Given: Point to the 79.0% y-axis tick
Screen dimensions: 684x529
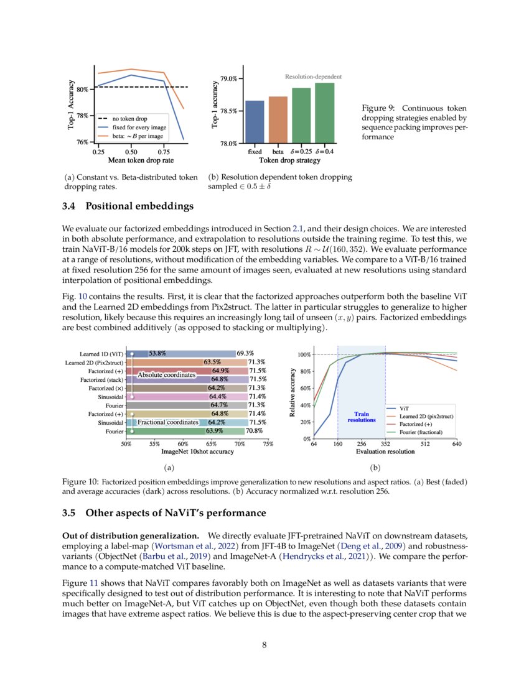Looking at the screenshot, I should click(x=228, y=79).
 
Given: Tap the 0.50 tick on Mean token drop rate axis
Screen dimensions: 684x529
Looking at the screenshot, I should click(x=131, y=151).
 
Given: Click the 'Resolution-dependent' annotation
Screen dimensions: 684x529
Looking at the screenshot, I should click(x=313, y=76).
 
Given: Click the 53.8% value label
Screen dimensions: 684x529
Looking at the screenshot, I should click(x=157, y=353).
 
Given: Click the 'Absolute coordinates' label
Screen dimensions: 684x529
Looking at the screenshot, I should click(x=166, y=376).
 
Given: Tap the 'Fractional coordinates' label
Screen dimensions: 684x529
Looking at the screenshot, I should click(x=168, y=422).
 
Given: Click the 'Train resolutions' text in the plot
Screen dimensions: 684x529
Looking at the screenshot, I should click(x=362, y=417).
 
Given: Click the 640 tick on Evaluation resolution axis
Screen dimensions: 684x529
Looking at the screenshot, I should click(x=457, y=444).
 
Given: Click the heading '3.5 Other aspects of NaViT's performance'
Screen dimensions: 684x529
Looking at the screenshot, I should click(x=164, y=513).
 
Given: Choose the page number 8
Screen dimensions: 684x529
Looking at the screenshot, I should click(x=264, y=645).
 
